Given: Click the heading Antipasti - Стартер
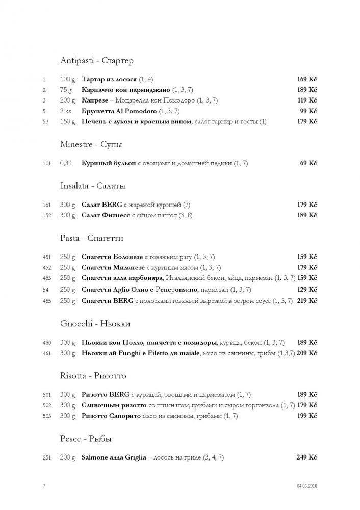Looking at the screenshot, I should pyautogui.click(x=96, y=61).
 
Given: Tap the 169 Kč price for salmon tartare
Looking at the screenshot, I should pyautogui.click(x=306, y=79).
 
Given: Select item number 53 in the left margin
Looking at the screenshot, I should pyautogui.click(x=45, y=122).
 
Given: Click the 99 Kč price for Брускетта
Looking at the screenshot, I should pyautogui.click(x=308, y=111).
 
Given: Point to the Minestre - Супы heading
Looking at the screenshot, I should pyautogui.click(x=91, y=145).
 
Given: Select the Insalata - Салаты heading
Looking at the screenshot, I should pyautogui.click(x=93, y=186).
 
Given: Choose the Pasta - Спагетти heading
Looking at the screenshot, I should pyautogui.click(x=92, y=238).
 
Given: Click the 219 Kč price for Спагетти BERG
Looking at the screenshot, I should pyautogui.click(x=306, y=301).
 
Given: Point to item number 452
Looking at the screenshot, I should pyautogui.click(x=47, y=267).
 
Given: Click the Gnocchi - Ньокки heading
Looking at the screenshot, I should pyautogui.click(x=95, y=324).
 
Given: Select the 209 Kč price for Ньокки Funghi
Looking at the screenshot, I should pyautogui.click(x=307, y=353).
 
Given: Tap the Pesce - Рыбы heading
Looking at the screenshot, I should pyautogui.click(x=86, y=439).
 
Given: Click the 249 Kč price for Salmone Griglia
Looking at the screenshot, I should pyautogui.click(x=306, y=457).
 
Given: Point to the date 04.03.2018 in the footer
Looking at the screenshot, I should pyautogui.click(x=306, y=486).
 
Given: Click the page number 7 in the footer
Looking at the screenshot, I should pyautogui.click(x=44, y=486).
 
